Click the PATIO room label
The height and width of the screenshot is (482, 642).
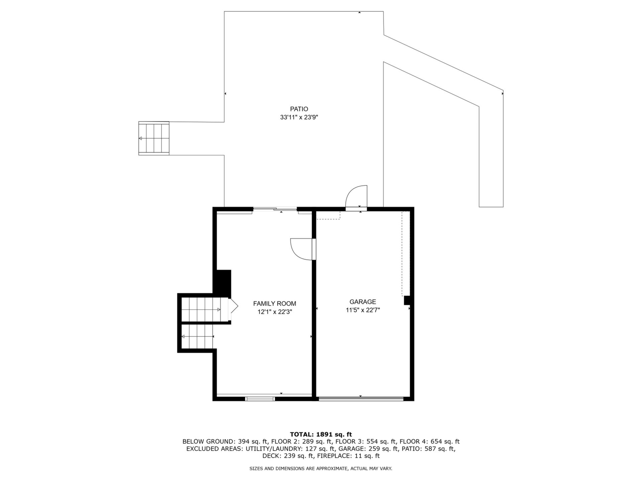coord(299,109)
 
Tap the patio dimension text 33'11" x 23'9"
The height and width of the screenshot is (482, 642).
coord(299,117)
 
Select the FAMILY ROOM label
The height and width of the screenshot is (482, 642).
coord(275,304)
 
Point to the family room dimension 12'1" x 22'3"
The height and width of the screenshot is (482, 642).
coord(275,312)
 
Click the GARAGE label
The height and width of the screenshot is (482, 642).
coord(363,302)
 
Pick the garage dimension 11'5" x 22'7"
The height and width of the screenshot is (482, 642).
coord(363,310)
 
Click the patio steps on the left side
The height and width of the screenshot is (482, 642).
coord(154,138)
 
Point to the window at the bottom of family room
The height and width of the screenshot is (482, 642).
coord(260,399)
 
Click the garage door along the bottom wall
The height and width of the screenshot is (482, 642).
coord(361,399)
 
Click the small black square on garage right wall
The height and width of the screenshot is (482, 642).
coord(407,300)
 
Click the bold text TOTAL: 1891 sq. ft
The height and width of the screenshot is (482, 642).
coord(321,434)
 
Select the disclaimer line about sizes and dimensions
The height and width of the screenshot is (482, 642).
coord(321,469)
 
